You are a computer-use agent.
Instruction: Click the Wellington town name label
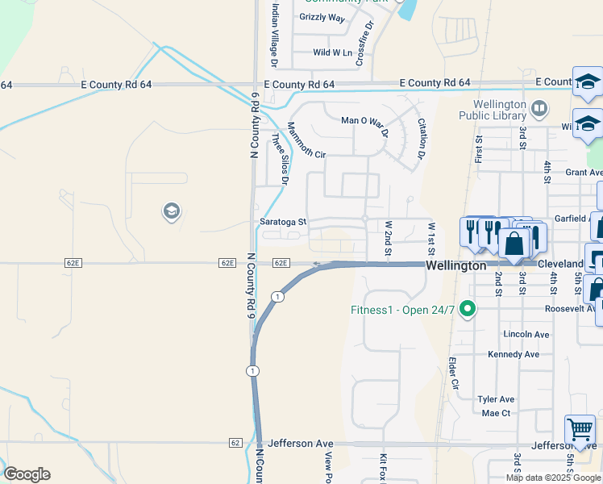455,265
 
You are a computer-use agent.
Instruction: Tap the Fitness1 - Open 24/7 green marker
466,309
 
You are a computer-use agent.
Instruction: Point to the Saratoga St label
283,222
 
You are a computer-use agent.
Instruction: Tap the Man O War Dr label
364,120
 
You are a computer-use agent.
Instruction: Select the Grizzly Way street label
322,17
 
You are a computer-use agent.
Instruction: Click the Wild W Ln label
333,52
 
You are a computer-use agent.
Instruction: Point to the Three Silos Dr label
279,159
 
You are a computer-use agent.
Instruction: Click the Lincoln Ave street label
526,334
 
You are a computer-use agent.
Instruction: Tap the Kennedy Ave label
514,354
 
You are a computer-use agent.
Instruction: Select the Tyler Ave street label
496,399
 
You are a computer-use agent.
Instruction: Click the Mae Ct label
496,413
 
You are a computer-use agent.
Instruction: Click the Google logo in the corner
27,474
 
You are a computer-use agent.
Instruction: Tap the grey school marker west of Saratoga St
171,212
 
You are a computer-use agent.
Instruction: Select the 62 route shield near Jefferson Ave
235,443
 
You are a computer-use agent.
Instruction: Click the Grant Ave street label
584,172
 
